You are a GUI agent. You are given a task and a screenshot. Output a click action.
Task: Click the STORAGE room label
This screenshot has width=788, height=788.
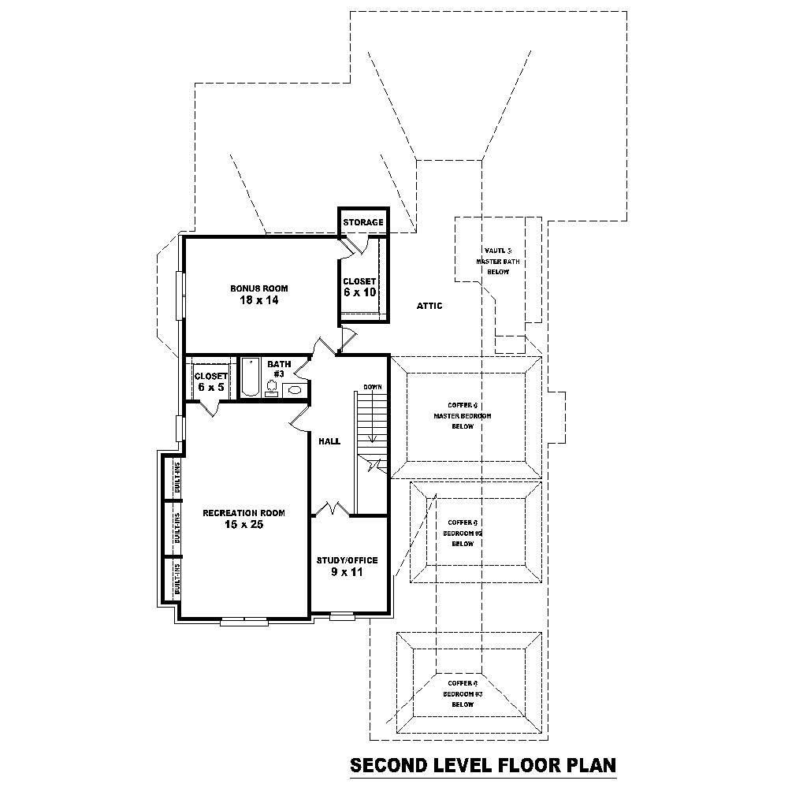(x=363, y=223)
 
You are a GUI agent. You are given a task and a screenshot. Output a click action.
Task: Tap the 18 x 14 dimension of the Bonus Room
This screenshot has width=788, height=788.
(x=259, y=300)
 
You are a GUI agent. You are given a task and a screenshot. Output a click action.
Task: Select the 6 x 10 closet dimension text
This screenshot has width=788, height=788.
(x=359, y=292)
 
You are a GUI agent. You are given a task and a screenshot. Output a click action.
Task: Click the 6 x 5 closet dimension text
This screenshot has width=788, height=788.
(x=210, y=388)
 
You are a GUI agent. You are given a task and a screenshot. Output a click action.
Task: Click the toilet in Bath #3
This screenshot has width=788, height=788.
(x=272, y=387)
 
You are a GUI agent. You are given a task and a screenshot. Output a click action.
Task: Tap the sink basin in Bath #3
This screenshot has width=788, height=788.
(x=295, y=388)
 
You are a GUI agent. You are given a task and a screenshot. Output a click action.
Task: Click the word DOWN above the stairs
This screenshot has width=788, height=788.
(x=373, y=387)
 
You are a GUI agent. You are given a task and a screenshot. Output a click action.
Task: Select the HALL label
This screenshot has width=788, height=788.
(x=329, y=441)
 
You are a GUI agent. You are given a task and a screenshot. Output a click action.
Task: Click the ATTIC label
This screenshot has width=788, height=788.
(x=429, y=306)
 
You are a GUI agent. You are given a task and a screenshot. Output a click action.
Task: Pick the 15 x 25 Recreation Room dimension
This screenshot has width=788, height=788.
(x=243, y=524)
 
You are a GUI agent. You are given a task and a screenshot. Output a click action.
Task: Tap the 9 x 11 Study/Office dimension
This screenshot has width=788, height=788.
(x=347, y=572)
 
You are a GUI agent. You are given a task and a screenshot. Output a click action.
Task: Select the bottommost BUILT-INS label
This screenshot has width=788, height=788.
(x=177, y=579)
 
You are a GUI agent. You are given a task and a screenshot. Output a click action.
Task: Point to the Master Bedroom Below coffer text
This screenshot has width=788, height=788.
(x=463, y=415)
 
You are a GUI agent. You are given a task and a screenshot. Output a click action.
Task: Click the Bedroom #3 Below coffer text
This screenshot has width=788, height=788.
(x=463, y=693)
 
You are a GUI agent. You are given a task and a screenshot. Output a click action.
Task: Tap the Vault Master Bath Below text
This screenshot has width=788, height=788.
(x=497, y=261)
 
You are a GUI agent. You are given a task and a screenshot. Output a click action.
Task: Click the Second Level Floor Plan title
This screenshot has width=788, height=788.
(x=483, y=765)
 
